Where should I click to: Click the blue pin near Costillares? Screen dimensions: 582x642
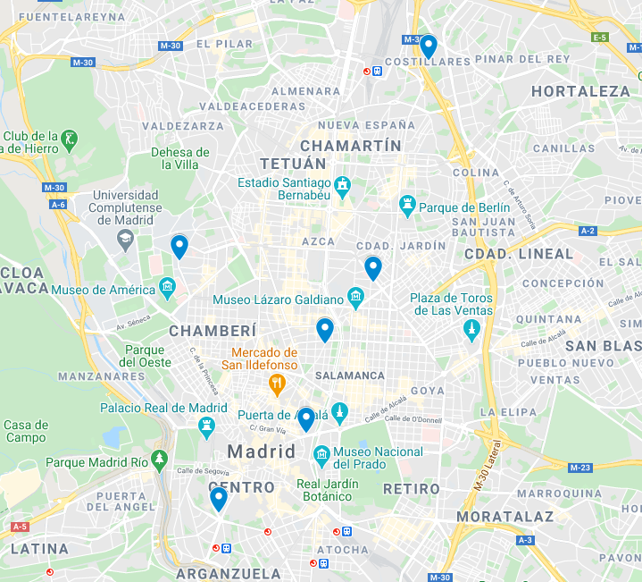(x=429, y=46)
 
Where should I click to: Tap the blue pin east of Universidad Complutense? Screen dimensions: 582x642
(x=179, y=246)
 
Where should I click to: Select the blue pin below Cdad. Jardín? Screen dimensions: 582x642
(x=373, y=267)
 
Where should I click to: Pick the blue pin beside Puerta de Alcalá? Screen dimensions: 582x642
(x=306, y=418)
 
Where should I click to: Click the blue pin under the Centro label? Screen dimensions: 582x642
(x=219, y=498)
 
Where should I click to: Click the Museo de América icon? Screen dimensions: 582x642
(x=167, y=288)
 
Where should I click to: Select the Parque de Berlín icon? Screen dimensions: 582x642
(x=408, y=207)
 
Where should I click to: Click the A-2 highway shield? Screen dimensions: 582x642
(x=588, y=231)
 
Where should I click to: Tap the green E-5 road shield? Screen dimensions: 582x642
(x=600, y=37)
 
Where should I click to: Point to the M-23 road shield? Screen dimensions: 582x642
(x=580, y=468)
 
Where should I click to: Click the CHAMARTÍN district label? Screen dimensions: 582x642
(x=351, y=145)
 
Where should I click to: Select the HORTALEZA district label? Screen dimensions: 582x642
(x=580, y=91)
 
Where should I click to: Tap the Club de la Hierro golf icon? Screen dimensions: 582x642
(x=70, y=139)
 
